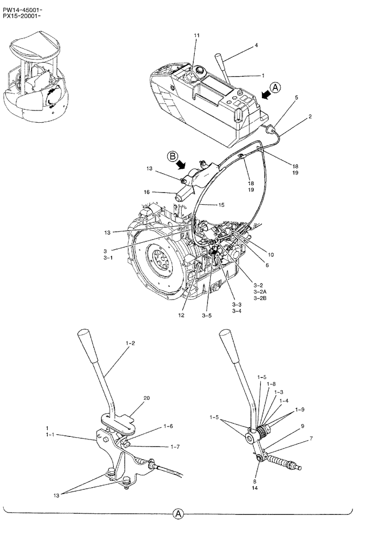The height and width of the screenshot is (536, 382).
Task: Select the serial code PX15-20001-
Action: pyautogui.click(x=21, y=16)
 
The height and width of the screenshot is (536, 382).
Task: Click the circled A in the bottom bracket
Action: pyautogui.click(x=178, y=515)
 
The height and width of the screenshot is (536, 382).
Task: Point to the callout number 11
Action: pyautogui.click(x=197, y=36)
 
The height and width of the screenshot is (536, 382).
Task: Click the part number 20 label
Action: pyautogui.click(x=146, y=398)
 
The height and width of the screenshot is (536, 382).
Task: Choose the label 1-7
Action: pyautogui.click(x=175, y=446)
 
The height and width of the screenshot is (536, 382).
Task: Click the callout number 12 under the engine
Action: pyautogui.click(x=181, y=315)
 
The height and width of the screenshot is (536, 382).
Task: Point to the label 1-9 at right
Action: pyautogui.click(x=301, y=409)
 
